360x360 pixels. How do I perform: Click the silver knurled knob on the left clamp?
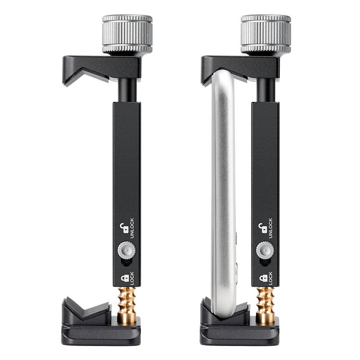[127, 34]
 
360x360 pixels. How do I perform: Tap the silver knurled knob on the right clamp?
[266, 34]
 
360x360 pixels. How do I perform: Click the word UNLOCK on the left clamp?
[132, 228]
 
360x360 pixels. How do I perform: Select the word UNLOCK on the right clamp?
[270, 228]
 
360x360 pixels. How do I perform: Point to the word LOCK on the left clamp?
[132, 278]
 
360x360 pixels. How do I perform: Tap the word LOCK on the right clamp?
[270, 278]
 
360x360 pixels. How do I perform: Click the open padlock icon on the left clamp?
[124, 228]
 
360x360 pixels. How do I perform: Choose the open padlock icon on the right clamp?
[263, 228]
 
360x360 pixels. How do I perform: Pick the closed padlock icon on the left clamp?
[125, 278]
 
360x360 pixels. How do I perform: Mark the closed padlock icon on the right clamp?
[263, 278]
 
